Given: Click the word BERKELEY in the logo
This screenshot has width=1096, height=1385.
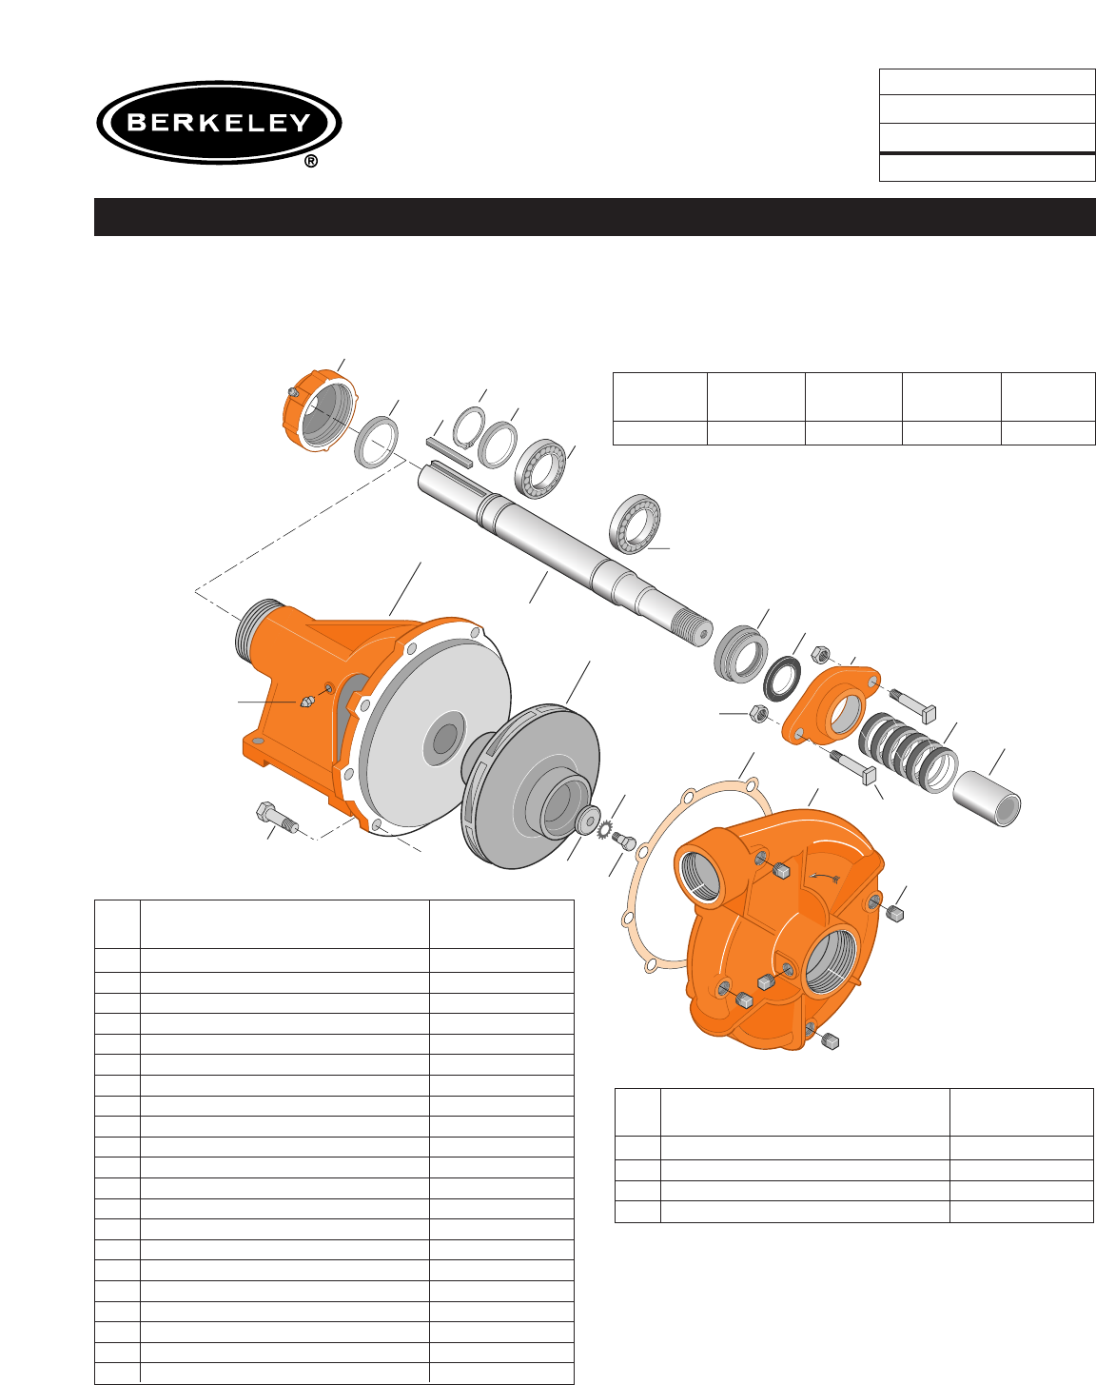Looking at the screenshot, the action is coord(219,122).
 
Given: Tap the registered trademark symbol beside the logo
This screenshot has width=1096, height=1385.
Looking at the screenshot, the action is coord(311,161).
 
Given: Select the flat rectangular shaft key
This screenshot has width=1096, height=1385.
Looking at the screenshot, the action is coord(450,452).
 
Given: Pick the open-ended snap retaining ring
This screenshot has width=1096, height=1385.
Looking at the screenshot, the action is coord(469,426).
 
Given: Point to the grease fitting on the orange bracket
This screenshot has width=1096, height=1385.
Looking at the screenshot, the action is coord(306,701).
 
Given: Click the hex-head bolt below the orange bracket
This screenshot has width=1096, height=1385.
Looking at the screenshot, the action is coord(277,818).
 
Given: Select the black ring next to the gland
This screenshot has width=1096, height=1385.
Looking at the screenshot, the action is coord(782,679).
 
